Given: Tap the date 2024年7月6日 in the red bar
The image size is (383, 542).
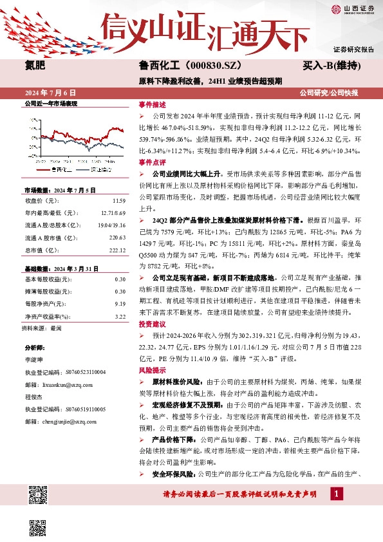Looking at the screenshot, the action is [x=54, y=93].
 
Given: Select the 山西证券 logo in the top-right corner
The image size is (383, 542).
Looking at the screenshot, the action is [x=353, y=8].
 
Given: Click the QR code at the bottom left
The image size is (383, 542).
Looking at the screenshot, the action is [x=39, y=497].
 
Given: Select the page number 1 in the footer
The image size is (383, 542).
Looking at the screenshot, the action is [x=336, y=493].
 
